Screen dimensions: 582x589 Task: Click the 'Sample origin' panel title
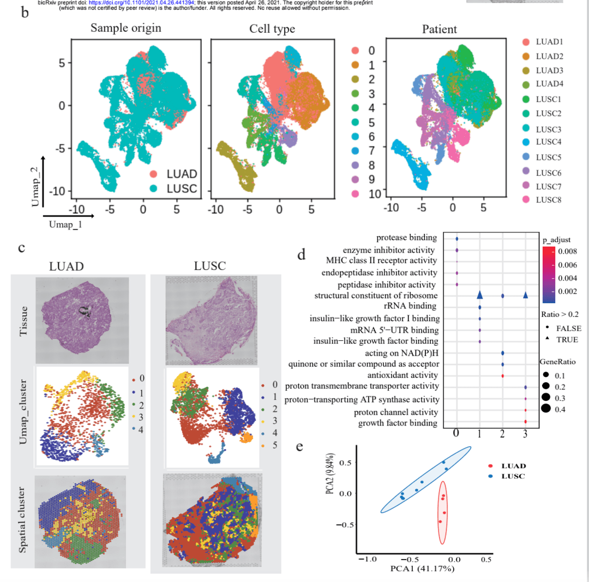pos(126,28)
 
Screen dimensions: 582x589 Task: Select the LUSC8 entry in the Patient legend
pos(549,200)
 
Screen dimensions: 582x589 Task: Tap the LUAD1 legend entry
pos(549,42)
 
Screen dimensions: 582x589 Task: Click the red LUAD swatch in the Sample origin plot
pos(154,174)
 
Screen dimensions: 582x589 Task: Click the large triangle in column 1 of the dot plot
pos(479,295)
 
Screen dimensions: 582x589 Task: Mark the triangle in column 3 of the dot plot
pos(525,295)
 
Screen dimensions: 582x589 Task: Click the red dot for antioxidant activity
pos(502,375)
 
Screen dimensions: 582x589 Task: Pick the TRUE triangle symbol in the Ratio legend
pos(547,340)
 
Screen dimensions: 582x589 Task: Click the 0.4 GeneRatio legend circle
pos(546,410)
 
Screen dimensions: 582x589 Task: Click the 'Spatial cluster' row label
pos(22,522)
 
